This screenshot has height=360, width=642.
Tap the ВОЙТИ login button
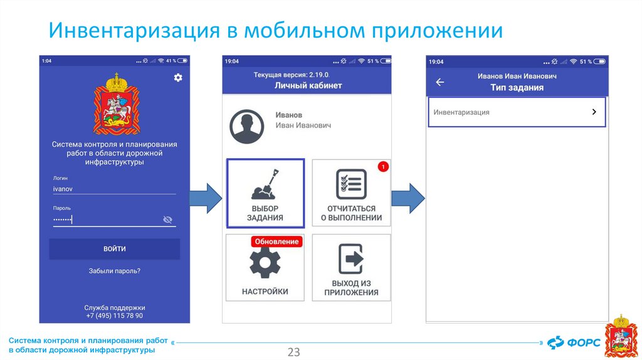[x=115, y=249]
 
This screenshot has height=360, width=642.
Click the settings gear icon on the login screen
[x=178, y=77]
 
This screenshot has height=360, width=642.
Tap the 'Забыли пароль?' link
[x=115, y=271]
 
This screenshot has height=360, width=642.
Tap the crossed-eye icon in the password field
[x=167, y=220]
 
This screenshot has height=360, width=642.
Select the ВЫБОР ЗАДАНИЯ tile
[x=265, y=193]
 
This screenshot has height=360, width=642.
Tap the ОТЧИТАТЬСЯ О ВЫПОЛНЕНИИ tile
[x=351, y=193]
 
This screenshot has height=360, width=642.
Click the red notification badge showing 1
[x=384, y=167]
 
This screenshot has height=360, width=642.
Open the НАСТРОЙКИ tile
[x=265, y=268]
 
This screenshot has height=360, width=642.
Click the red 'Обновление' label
[x=276, y=241]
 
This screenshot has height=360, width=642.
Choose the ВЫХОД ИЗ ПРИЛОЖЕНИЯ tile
[x=351, y=268]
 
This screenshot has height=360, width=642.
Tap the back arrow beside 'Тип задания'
[x=440, y=82]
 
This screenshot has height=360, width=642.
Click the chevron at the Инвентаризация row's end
[x=594, y=112]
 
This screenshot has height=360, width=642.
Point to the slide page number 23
[x=293, y=352]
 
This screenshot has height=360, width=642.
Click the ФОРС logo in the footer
[x=574, y=342]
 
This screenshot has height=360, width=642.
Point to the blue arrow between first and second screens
[x=205, y=198]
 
